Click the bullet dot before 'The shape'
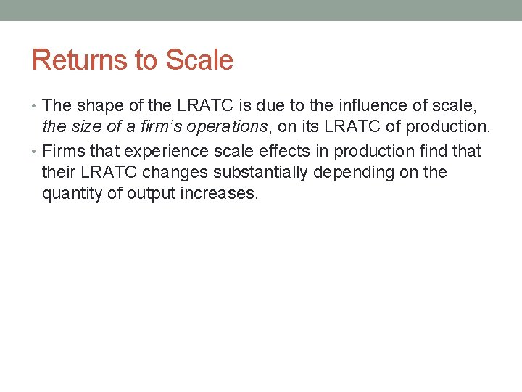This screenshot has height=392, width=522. click(36, 107)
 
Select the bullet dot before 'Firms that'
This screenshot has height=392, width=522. click(36, 152)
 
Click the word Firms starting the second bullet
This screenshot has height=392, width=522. click(62, 151)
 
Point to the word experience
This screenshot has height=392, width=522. click(163, 151)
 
